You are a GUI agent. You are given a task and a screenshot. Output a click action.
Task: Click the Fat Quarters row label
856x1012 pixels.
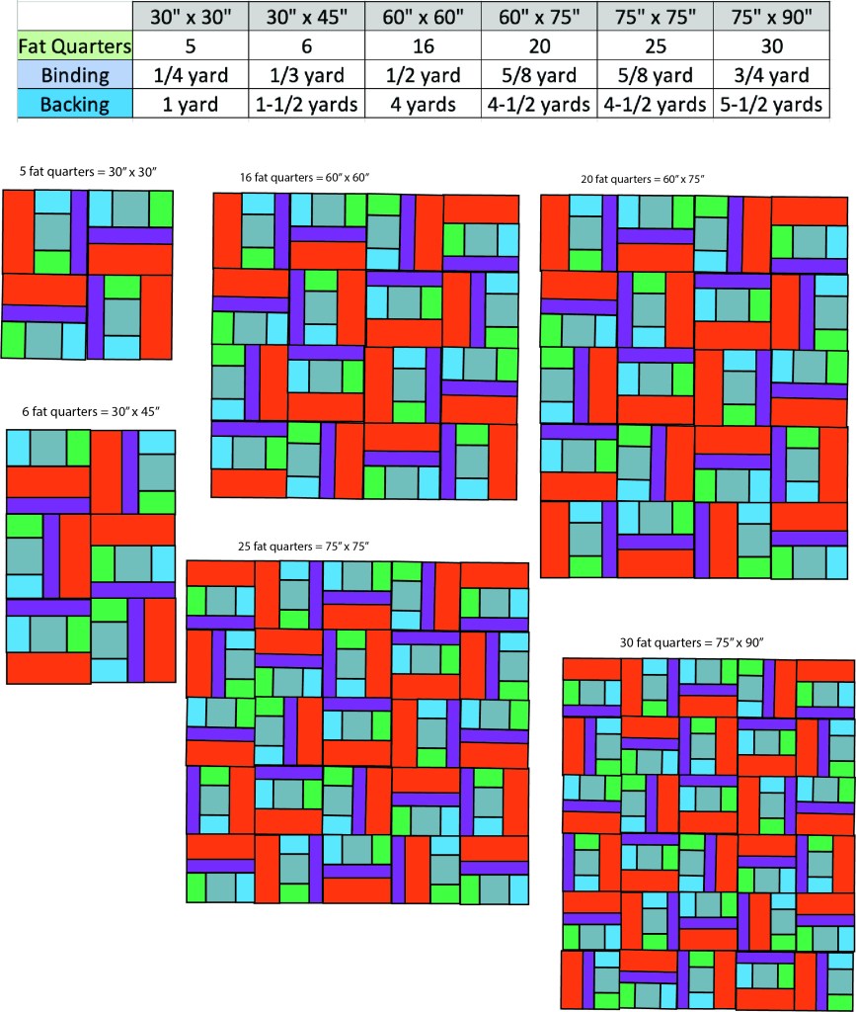[74, 45]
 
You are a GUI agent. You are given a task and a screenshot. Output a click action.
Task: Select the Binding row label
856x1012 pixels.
[74, 75]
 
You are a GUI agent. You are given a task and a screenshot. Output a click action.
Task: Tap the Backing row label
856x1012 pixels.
[74, 104]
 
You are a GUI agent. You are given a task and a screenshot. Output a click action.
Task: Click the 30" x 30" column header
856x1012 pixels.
[191, 16]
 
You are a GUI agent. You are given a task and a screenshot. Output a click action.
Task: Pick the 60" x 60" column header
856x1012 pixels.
[423, 16]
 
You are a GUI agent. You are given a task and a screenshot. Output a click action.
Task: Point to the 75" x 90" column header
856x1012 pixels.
[770, 16]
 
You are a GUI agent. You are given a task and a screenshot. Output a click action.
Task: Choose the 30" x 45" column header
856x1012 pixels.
[307, 16]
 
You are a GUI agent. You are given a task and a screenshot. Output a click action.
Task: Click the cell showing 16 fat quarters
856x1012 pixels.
[423, 45]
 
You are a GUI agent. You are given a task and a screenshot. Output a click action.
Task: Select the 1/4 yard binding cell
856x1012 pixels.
[191, 75]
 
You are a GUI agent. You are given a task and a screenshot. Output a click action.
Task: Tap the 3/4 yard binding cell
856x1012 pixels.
[770, 75]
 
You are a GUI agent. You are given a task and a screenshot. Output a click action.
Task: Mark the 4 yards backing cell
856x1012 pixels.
[423, 104]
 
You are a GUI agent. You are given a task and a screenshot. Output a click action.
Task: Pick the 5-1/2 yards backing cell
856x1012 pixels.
[770, 104]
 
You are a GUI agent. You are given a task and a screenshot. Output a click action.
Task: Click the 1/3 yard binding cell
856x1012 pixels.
[307, 75]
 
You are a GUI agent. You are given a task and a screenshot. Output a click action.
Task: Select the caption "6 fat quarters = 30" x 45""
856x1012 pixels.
[90, 410]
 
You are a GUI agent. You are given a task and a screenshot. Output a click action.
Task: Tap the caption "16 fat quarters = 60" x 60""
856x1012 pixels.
[304, 178]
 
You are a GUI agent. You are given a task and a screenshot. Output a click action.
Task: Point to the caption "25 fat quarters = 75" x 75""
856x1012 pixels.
[303, 546]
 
